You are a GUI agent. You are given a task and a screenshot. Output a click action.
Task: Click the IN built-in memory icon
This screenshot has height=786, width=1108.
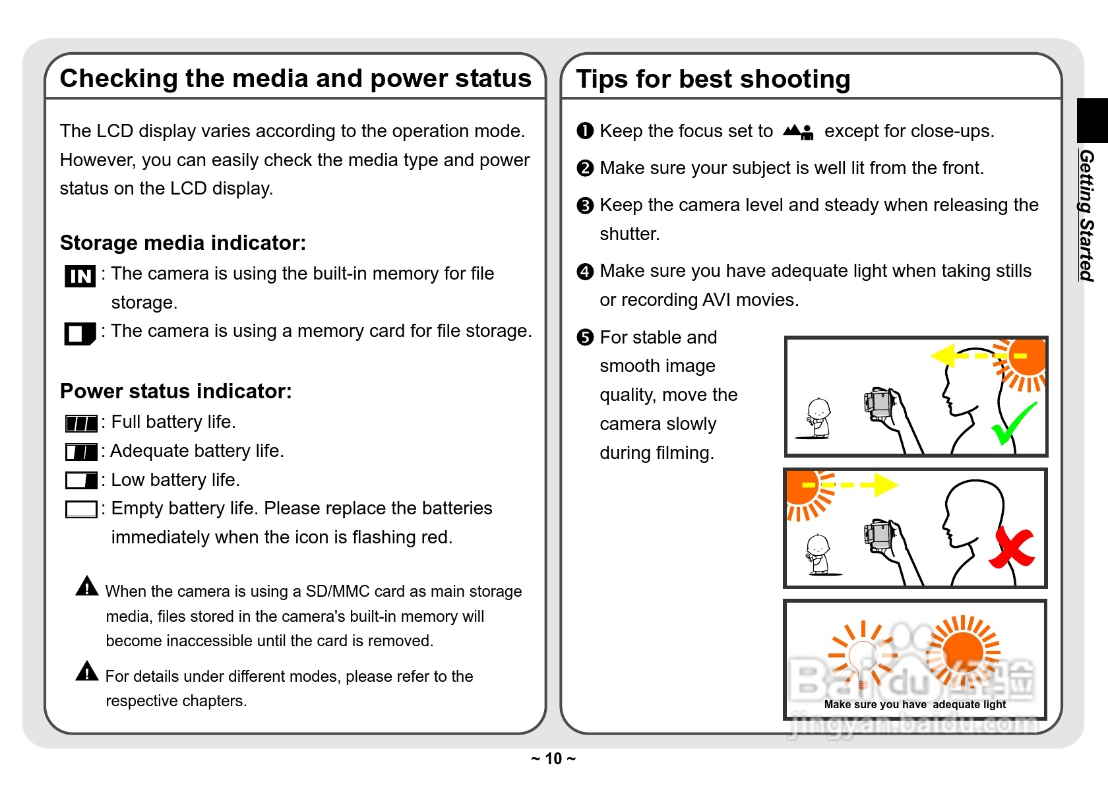tap(80, 276)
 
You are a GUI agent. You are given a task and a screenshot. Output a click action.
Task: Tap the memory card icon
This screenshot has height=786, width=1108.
tap(80, 333)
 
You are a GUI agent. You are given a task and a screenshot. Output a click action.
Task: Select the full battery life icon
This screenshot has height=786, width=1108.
tap(81, 423)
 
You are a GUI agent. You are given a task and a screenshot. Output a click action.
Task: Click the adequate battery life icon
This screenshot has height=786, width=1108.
tap(81, 452)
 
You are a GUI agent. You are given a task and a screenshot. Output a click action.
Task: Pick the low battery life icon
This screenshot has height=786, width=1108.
tap(81, 480)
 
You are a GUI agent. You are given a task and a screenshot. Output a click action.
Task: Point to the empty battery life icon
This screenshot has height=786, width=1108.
tap(81, 509)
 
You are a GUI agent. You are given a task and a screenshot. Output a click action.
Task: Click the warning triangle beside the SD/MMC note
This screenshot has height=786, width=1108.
tap(87, 586)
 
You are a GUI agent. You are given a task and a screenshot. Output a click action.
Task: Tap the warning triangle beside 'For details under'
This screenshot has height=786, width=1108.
tap(87, 671)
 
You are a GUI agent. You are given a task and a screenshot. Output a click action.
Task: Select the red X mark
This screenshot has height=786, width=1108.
tap(1012, 548)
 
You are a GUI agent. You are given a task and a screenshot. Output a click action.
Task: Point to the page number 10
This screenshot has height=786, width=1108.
tap(553, 759)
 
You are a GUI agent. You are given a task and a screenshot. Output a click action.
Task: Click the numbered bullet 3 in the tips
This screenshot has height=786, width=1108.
tap(585, 206)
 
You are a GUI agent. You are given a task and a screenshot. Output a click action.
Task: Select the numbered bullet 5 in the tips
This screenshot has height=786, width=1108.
tap(585, 338)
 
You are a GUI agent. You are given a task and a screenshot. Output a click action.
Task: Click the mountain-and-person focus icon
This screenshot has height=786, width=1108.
tap(798, 132)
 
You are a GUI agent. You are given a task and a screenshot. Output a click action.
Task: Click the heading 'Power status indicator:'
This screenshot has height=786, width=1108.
tap(175, 391)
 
